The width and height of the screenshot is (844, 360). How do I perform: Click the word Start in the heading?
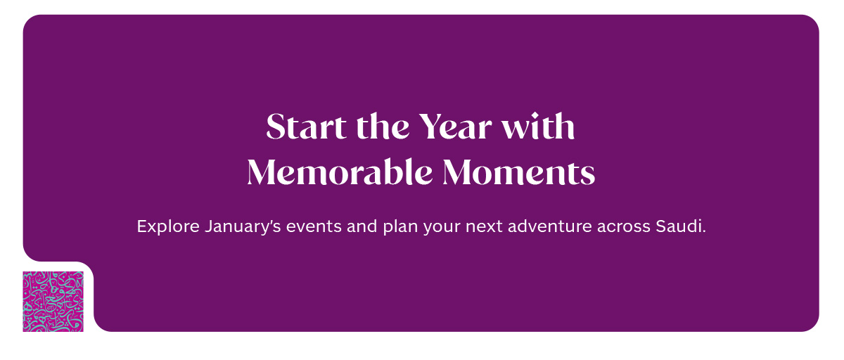pyautogui.click(x=305, y=126)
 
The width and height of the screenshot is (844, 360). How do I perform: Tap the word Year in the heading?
pyautogui.click(x=455, y=126)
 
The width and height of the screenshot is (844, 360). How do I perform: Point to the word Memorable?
pyautogui.click(x=340, y=172)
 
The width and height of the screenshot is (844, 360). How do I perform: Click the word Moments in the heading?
pyautogui.click(x=519, y=172)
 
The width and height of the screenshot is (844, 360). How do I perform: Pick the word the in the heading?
pyautogui.click(x=383, y=126)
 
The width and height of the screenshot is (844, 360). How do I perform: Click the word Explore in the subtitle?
pyautogui.click(x=168, y=226)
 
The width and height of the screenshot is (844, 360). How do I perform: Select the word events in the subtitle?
pyautogui.click(x=314, y=226)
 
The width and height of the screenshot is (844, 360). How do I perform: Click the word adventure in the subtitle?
pyautogui.click(x=550, y=226)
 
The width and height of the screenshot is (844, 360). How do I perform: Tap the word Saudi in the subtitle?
pyautogui.click(x=679, y=226)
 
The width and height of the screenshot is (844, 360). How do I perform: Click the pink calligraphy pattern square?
pyautogui.click(x=53, y=302)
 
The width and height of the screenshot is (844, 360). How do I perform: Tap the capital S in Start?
pyautogui.click(x=276, y=126)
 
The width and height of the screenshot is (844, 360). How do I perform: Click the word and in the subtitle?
pyautogui.click(x=362, y=226)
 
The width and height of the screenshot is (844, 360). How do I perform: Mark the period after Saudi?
pyautogui.click(x=704, y=231)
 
